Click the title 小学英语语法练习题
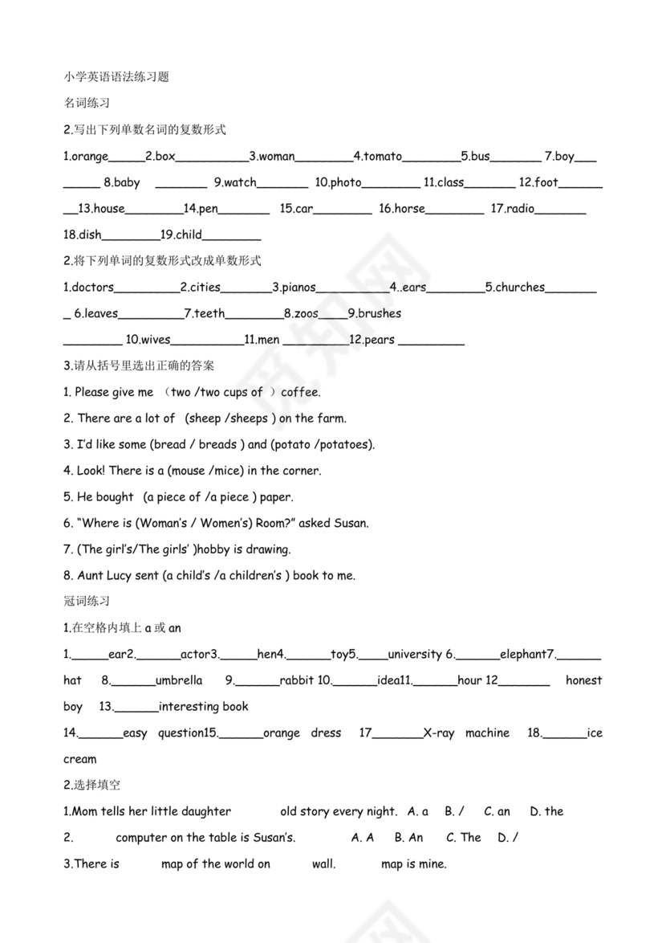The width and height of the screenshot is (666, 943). coord(116,77)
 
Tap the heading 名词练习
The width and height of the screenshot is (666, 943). coord(87,104)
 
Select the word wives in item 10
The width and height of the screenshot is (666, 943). coord(156,340)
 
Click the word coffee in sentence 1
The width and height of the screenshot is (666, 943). coord(300,393)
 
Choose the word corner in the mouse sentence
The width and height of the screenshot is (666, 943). coord(302,471)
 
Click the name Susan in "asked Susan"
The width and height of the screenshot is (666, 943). coord(351,524)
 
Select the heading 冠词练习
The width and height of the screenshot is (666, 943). coord(87,601)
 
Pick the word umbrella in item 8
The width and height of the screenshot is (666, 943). coord(179,681)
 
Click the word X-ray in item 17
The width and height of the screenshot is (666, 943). coord(438,733)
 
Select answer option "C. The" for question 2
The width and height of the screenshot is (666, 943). coord(463,838)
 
